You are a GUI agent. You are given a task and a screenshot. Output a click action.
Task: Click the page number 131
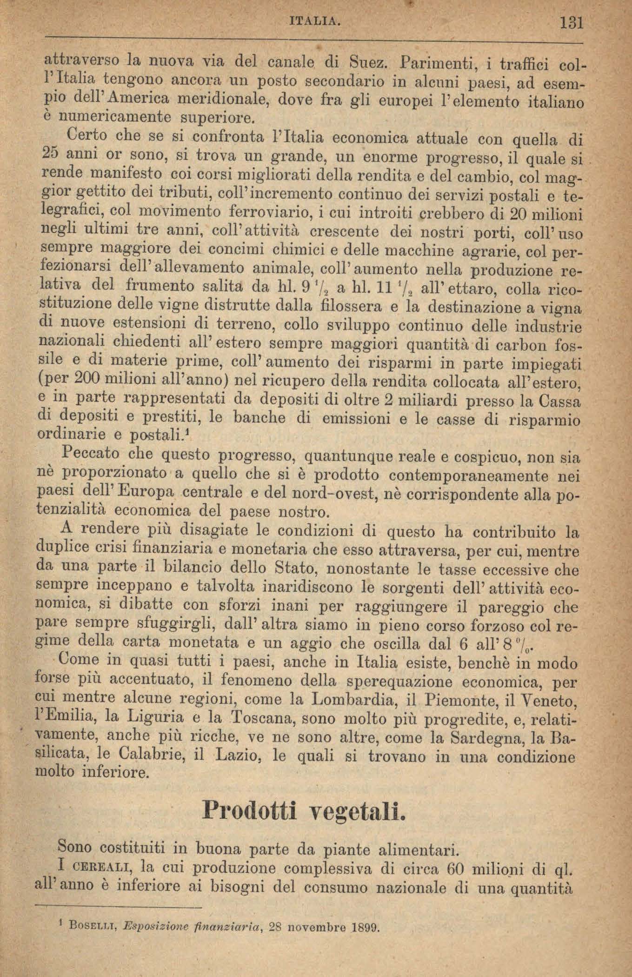pyautogui.click(x=572, y=22)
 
